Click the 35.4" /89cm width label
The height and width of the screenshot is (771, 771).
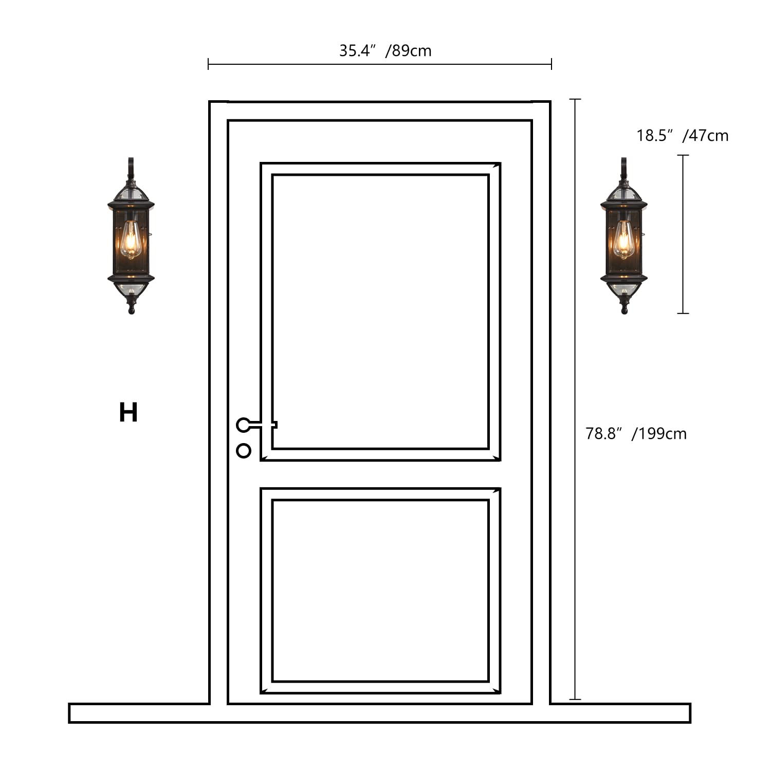coord(385,51)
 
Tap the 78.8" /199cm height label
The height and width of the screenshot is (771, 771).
coord(636,434)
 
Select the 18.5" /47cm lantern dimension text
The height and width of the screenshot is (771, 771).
coord(682,136)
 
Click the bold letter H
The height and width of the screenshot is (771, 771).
coord(128,413)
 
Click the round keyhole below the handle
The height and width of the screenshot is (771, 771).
coord(244,451)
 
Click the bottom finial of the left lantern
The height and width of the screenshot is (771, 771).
coord(132,307)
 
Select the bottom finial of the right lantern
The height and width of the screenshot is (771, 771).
coord(625,307)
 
